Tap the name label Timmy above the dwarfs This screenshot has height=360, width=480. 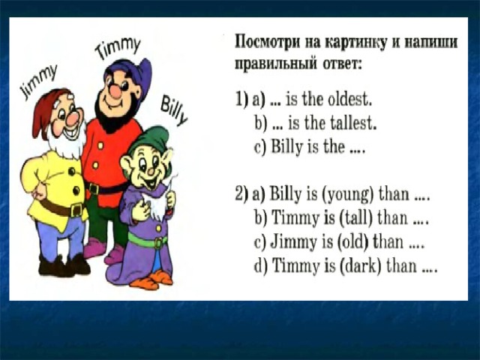(118, 48)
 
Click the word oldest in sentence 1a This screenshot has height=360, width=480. (349, 99)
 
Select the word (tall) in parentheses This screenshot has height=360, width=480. (355, 218)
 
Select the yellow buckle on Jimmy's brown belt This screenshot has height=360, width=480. (76, 210)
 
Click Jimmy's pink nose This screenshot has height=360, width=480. (73, 118)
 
